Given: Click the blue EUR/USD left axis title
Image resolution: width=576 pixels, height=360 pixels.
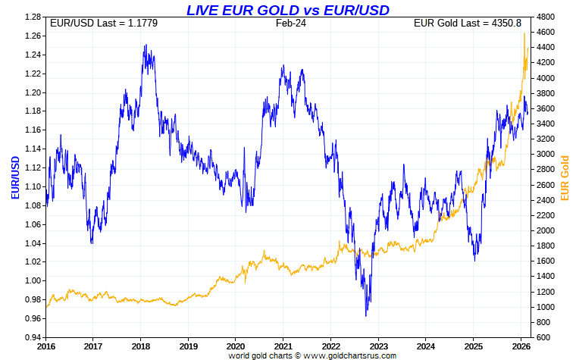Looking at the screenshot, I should tap(15, 177).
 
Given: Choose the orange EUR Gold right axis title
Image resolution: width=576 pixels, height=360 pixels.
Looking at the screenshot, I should tap(564, 177).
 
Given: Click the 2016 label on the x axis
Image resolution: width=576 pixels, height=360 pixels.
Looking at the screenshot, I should tap(46, 346).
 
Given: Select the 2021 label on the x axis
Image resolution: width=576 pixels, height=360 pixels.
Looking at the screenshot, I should tap(283, 346).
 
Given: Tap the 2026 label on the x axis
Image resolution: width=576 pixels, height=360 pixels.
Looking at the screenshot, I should tap(520, 346).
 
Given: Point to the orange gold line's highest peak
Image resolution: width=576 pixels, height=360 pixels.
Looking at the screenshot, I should tap(524, 33).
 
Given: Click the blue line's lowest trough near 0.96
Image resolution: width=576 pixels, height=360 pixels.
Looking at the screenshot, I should tap(366, 315).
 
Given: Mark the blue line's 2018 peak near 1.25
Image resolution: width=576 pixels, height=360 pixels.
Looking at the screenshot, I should tap(145, 45).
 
